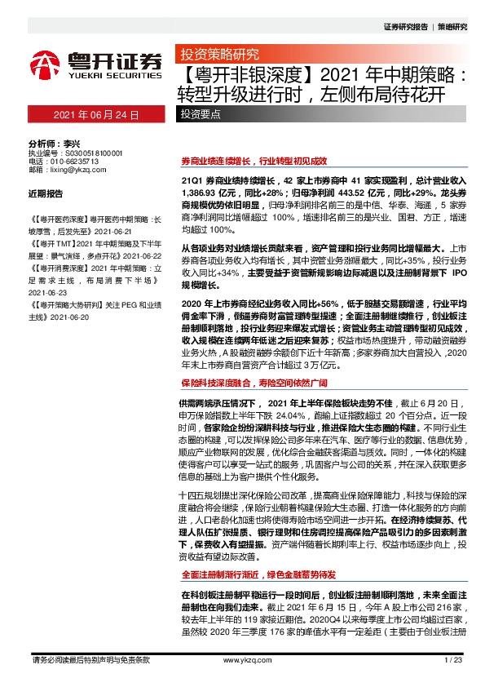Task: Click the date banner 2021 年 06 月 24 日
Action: (x=97, y=115)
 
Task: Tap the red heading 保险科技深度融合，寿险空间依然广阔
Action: (x=254, y=382)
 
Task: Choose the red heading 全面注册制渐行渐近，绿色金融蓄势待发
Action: (x=259, y=574)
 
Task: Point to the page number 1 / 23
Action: (x=452, y=659)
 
